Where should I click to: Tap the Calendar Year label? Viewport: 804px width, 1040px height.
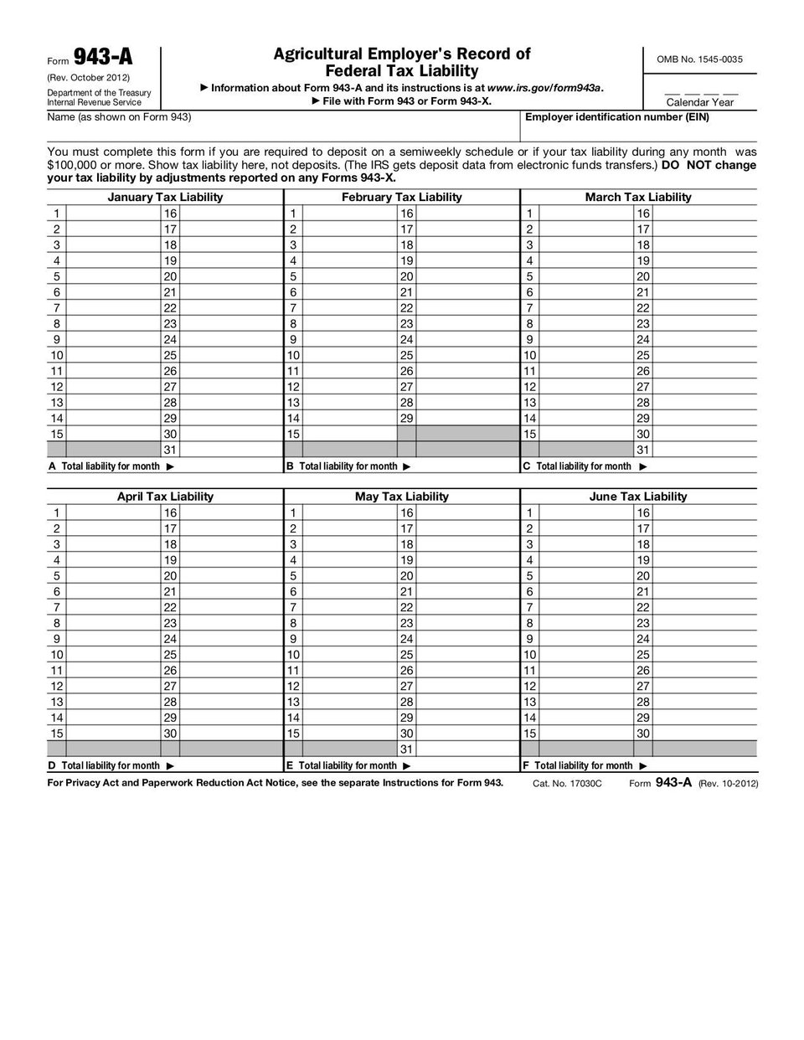coord(699,102)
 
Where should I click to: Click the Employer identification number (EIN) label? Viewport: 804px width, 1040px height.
coord(616,117)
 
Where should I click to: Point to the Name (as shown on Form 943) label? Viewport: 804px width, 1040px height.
coord(119,117)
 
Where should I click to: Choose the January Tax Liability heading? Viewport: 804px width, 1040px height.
coord(165,198)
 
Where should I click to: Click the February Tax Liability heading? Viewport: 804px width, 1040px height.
coord(401,198)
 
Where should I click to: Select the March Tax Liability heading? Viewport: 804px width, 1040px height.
coord(638,198)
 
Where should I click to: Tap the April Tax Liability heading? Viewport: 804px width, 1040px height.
coord(165,497)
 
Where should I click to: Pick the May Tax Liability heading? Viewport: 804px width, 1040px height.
coord(401,497)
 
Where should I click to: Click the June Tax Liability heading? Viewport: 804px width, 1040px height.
coord(638,497)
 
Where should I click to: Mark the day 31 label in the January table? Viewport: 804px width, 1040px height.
coord(170,450)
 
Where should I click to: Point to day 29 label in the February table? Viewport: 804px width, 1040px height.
coord(406,418)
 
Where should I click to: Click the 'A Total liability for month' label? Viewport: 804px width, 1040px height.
coord(111,466)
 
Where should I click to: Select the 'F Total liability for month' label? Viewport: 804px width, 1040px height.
coord(585,765)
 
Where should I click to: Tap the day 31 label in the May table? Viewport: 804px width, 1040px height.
coord(406,749)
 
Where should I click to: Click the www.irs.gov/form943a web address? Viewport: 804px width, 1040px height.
coord(544,88)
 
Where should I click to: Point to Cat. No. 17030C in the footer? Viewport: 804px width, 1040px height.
coord(567,784)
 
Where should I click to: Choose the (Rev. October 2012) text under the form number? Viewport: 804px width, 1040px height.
coord(88,78)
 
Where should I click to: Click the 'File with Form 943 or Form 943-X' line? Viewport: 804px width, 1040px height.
coord(401,101)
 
